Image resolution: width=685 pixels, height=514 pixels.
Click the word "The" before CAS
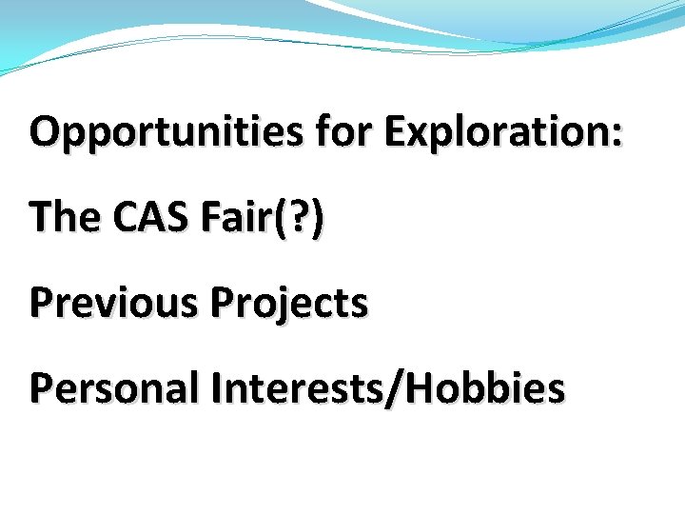coord(65,218)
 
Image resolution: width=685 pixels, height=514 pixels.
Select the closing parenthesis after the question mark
coord(315,219)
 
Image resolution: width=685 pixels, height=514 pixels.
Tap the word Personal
coord(114,388)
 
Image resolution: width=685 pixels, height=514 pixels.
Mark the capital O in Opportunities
coord(45,132)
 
